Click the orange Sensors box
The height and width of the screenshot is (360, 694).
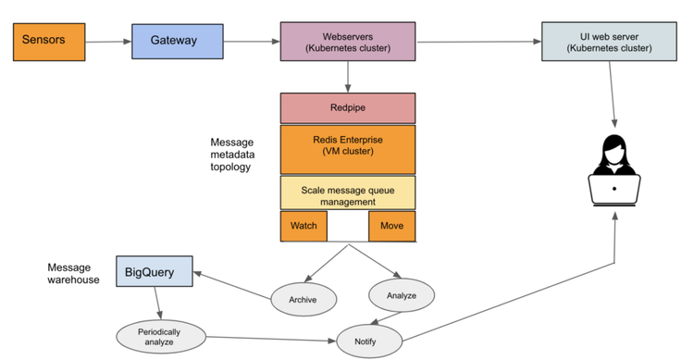49,42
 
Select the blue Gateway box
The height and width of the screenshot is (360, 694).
177,42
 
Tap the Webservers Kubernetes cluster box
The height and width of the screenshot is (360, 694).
348,42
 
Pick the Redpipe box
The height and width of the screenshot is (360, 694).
348,107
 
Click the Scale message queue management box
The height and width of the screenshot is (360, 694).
348,192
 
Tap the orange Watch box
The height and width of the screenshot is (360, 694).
304,226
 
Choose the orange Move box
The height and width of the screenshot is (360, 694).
391,226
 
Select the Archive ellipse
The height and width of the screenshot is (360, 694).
303,300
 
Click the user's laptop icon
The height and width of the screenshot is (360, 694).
615,188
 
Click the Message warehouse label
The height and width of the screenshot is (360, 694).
73,273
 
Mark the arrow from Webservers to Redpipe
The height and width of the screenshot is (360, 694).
348,76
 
